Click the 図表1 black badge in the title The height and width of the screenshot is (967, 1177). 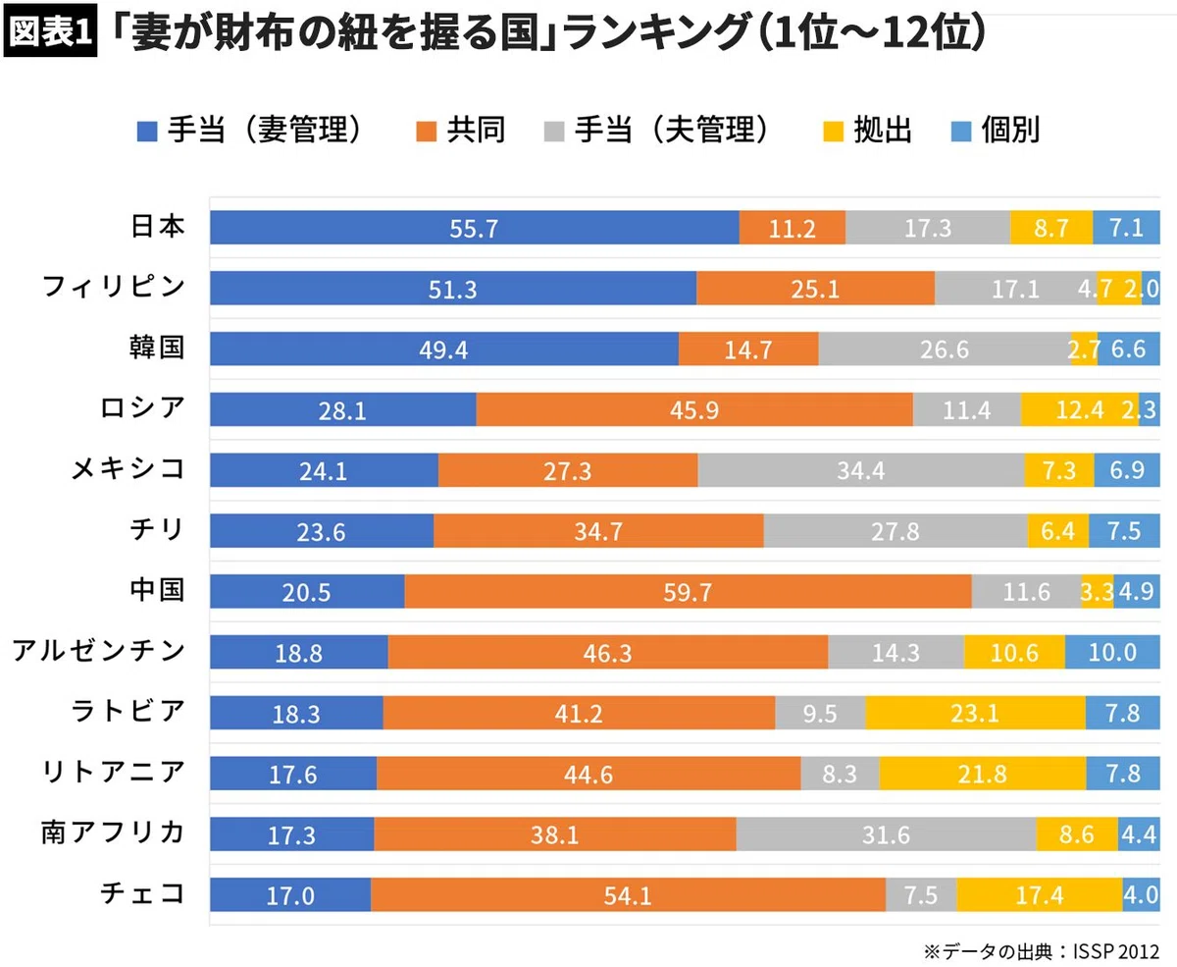click(x=50, y=31)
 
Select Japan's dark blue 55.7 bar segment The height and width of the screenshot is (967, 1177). click(x=475, y=228)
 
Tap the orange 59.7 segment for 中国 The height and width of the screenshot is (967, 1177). click(x=688, y=591)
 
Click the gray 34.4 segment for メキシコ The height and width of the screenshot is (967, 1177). click(x=861, y=470)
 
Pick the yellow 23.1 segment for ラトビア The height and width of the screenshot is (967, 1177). click(x=976, y=713)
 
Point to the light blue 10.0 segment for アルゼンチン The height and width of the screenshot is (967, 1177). click(x=1112, y=651)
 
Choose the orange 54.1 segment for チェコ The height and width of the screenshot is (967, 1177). click(x=628, y=894)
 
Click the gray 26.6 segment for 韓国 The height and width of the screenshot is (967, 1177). click(x=945, y=349)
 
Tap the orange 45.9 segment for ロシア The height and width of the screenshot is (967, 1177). click(x=694, y=409)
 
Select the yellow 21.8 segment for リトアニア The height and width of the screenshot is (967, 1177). click(x=983, y=774)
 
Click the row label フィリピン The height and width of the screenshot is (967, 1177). click(x=114, y=287)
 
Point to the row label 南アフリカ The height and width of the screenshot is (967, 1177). click(x=114, y=833)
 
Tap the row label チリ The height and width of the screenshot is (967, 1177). click(x=157, y=529)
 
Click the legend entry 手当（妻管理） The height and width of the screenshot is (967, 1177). click(x=249, y=131)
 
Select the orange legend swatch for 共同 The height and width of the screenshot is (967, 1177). click(x=427, y=132)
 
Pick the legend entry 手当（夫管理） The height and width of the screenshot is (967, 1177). click(x=656, y=131)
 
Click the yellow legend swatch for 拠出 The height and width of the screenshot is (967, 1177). click(x=834, y=132)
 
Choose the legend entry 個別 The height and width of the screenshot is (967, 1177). click(x=996, y=131)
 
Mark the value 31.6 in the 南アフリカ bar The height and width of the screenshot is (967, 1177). click(x=887, y=834)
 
